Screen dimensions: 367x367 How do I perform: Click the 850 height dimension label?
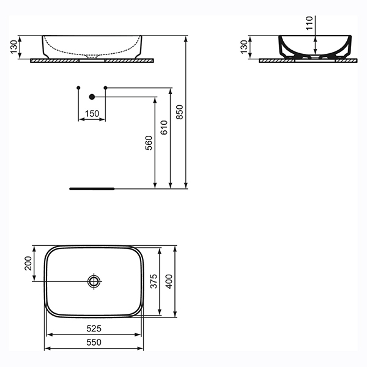(x=179, y=111)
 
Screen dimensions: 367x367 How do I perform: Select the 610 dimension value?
(x=163, y=127)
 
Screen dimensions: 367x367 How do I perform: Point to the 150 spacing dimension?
(x=92, y=114)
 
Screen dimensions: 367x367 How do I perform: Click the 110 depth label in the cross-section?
(x=309, y=23)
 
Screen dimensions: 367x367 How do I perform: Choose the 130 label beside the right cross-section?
(x=244, y=46)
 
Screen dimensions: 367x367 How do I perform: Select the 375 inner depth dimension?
(x=155, y=281)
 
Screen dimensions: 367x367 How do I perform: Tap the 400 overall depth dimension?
(x=170, y=281)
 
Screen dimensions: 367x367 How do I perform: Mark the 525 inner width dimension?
(x=94, y=329)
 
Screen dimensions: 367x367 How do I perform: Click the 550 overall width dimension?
(x=94, y=344)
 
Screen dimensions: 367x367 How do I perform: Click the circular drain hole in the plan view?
(x=94, y=281)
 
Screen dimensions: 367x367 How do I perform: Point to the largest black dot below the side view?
(x=92, y=97)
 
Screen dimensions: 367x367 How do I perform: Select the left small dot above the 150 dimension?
(x=78, y=89)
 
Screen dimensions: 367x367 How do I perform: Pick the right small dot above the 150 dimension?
(x=106, y=89)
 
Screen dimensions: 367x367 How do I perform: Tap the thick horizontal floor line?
(x=92, y=188)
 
